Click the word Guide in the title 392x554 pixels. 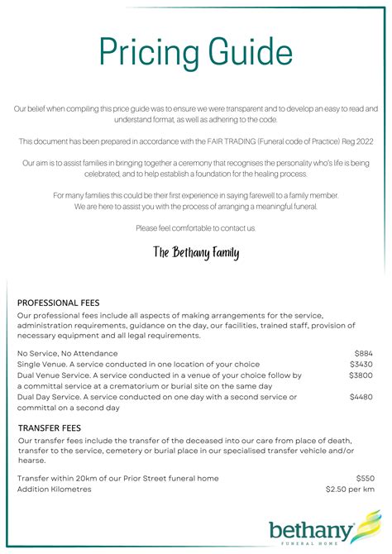click(242, 50)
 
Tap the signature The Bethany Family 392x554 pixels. click(196, 252)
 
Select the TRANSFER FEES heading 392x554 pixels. click(49, 427)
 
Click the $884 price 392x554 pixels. click(364, 353)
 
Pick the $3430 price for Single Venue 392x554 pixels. click(361, 364)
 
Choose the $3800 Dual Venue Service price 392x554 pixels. click(361, 375)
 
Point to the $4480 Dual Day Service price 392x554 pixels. click(361, 397)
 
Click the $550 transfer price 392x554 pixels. click(365, 478)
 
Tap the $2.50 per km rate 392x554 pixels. click(351, 489)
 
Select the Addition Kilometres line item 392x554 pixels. click(55, 489)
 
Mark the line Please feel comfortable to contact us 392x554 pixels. click(196, 227)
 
